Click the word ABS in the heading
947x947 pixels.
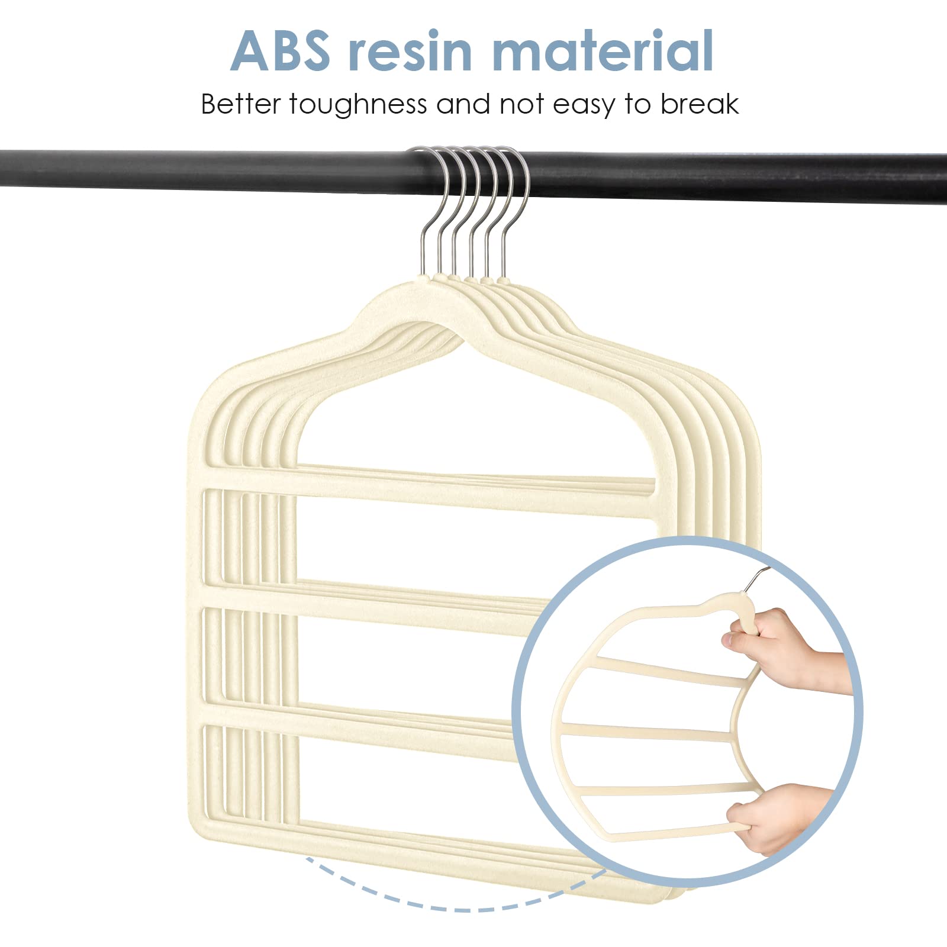pos(280,51)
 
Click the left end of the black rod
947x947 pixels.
pos(2,169)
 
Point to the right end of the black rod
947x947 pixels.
pos(945,178)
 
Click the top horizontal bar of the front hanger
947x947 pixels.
pos(432,488)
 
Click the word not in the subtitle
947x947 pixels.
pos(521,105)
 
